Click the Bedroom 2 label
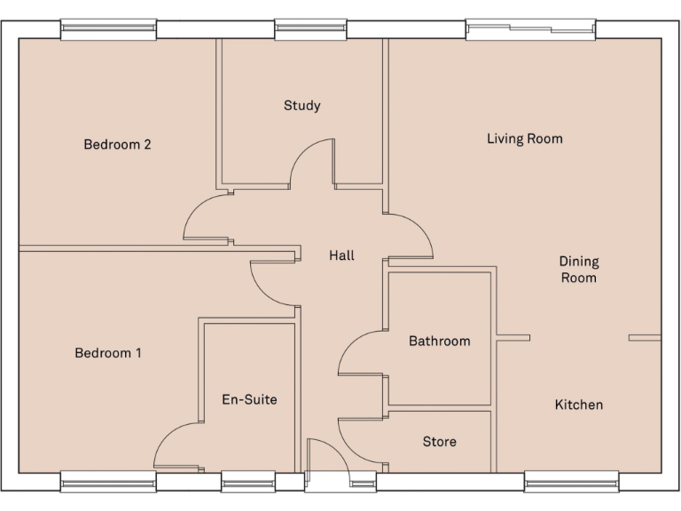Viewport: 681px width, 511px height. tap(117, 145)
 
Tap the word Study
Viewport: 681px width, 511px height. tap(301, 106)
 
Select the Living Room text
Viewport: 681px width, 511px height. tap(524, 138)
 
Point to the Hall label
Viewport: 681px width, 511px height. tap(341, 255)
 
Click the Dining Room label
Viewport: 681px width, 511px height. tap(578, 270)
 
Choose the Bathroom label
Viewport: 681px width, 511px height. tap(439, 341)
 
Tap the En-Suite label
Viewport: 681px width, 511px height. tap(249, 399)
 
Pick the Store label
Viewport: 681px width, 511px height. tap(439, 441)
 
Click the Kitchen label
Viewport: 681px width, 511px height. tap(578, 405)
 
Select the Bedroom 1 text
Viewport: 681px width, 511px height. tap(108, 353)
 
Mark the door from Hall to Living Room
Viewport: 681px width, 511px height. tap(412, 233)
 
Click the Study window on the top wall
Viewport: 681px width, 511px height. tap(309, 29)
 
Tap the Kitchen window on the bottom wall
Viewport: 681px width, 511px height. tap(571, 481)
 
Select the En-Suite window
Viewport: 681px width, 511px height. tap(247, 481)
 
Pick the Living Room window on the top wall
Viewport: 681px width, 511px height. tap(530, 29)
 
